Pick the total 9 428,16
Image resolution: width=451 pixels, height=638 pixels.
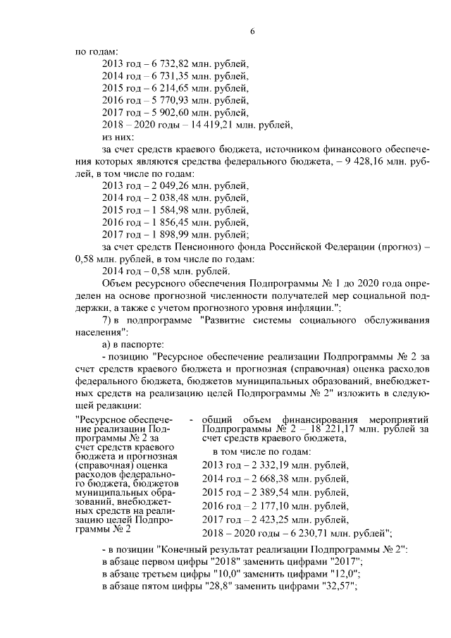click(385, 161)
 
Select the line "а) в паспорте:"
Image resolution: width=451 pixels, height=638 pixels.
click(135, 345)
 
